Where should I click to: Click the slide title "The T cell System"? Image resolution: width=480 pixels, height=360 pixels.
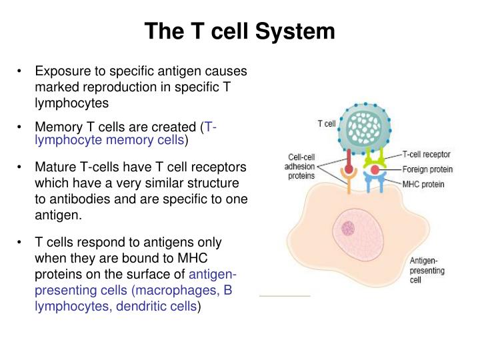[240, 31]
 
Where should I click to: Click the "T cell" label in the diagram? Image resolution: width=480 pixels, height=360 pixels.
[326, 123]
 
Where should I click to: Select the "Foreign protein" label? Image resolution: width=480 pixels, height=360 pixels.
[427, 169]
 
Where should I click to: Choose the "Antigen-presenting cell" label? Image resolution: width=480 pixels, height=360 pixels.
[426, 271]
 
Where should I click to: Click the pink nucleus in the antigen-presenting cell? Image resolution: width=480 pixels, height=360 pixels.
[348, 229]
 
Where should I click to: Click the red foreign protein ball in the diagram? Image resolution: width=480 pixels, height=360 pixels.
[375, 171]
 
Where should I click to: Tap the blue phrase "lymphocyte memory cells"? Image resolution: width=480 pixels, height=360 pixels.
[109, 141]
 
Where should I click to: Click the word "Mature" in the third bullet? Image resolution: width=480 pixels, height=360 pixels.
[57, 167]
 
